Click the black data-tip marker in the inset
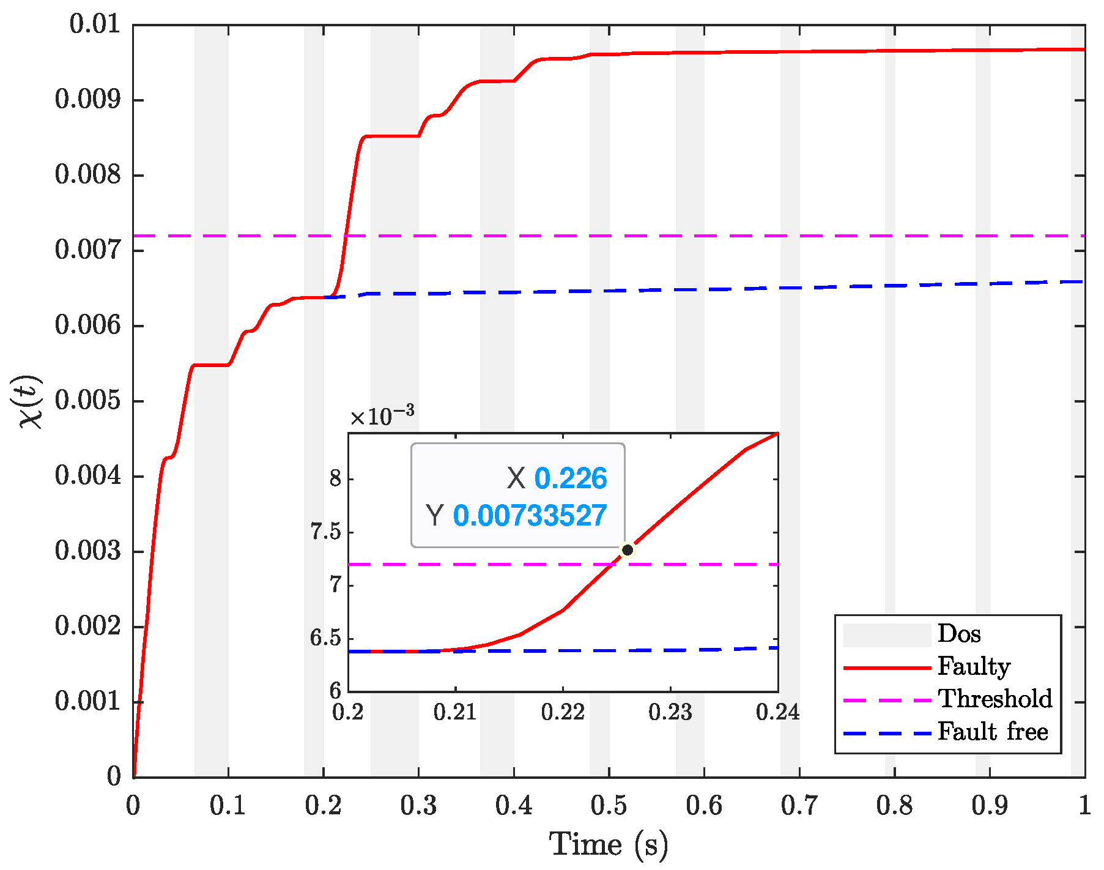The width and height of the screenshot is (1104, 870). click(627, 550)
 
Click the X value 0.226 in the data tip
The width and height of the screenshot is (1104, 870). click(570, 478)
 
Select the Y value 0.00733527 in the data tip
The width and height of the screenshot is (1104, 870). click(530, 516)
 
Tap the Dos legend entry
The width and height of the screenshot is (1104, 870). click(958, 634)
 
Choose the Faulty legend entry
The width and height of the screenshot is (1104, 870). click(973, 667)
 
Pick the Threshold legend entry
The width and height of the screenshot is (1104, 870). click(995, 699)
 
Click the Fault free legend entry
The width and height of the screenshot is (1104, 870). click(992, 732)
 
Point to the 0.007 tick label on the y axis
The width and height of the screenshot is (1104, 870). click(88, 250)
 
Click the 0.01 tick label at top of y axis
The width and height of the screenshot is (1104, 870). click(95, 25)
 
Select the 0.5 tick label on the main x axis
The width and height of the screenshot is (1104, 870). click(609, 806)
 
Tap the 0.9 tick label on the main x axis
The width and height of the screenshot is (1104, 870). click(990, 806)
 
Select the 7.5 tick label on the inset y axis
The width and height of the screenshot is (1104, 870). click(325, 532)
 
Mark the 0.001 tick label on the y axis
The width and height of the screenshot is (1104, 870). click(88, 701)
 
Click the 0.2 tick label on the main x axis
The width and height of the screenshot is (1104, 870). click(323, 806)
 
